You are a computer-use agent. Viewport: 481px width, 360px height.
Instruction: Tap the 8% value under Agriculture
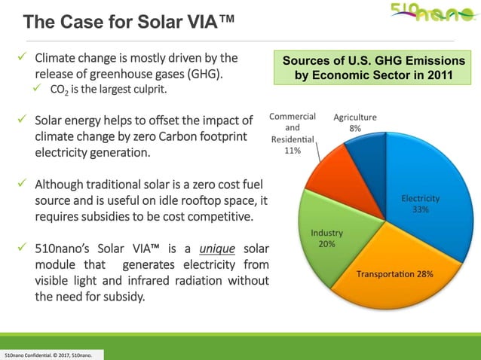355,129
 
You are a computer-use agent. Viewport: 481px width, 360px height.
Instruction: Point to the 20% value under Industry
326,244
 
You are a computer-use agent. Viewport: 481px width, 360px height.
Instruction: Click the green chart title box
363,67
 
